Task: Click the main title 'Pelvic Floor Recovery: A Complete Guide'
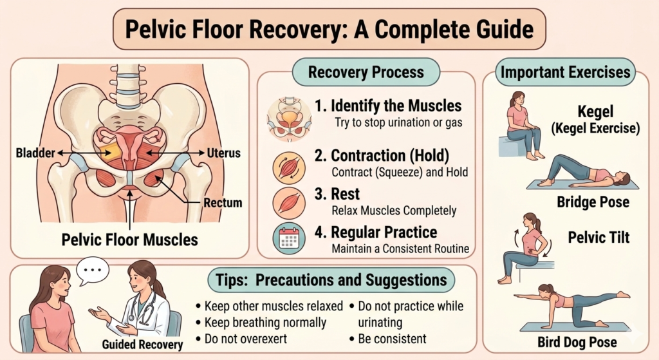point(329,30)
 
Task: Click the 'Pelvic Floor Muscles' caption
point(129,240)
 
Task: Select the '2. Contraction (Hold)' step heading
point(390,155)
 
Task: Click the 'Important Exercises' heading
point(565,71)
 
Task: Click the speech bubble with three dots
point(93,271)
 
